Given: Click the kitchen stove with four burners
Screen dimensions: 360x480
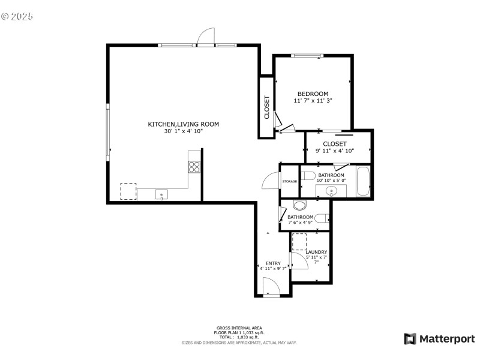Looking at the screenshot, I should click(x=194, y=166).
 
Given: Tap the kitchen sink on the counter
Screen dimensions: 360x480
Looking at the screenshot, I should click(x=161, y=194).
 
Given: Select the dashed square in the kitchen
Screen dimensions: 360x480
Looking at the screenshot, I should click(x=128, y=191).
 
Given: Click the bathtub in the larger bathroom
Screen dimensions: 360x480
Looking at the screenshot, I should click(x=363, y=182).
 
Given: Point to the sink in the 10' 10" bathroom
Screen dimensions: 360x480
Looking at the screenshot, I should click(x=331, y=192).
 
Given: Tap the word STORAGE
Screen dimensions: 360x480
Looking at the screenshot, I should click(x=290, y=181).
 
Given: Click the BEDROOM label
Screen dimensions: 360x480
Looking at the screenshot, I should click(x=313, y=94).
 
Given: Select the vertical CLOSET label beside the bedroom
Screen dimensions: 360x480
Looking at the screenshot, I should click(x=267, y=107).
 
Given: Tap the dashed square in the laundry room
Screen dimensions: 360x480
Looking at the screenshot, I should click(x=299, y=243).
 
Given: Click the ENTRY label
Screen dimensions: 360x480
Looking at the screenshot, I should click(x=273, y=263).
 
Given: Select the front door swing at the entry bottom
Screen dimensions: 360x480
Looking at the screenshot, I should click(x=271, y=290).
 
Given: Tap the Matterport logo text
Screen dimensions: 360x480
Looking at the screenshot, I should click(x=446, y=339).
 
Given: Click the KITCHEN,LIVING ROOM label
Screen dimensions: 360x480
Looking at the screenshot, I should click(x=184, y=124).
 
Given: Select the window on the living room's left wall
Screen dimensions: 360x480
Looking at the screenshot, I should click(x=108, y=130).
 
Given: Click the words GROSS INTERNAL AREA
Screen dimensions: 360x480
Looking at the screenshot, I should click(x=239, y=328).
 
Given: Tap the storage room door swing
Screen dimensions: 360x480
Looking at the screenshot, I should click(x=271, y=180).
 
